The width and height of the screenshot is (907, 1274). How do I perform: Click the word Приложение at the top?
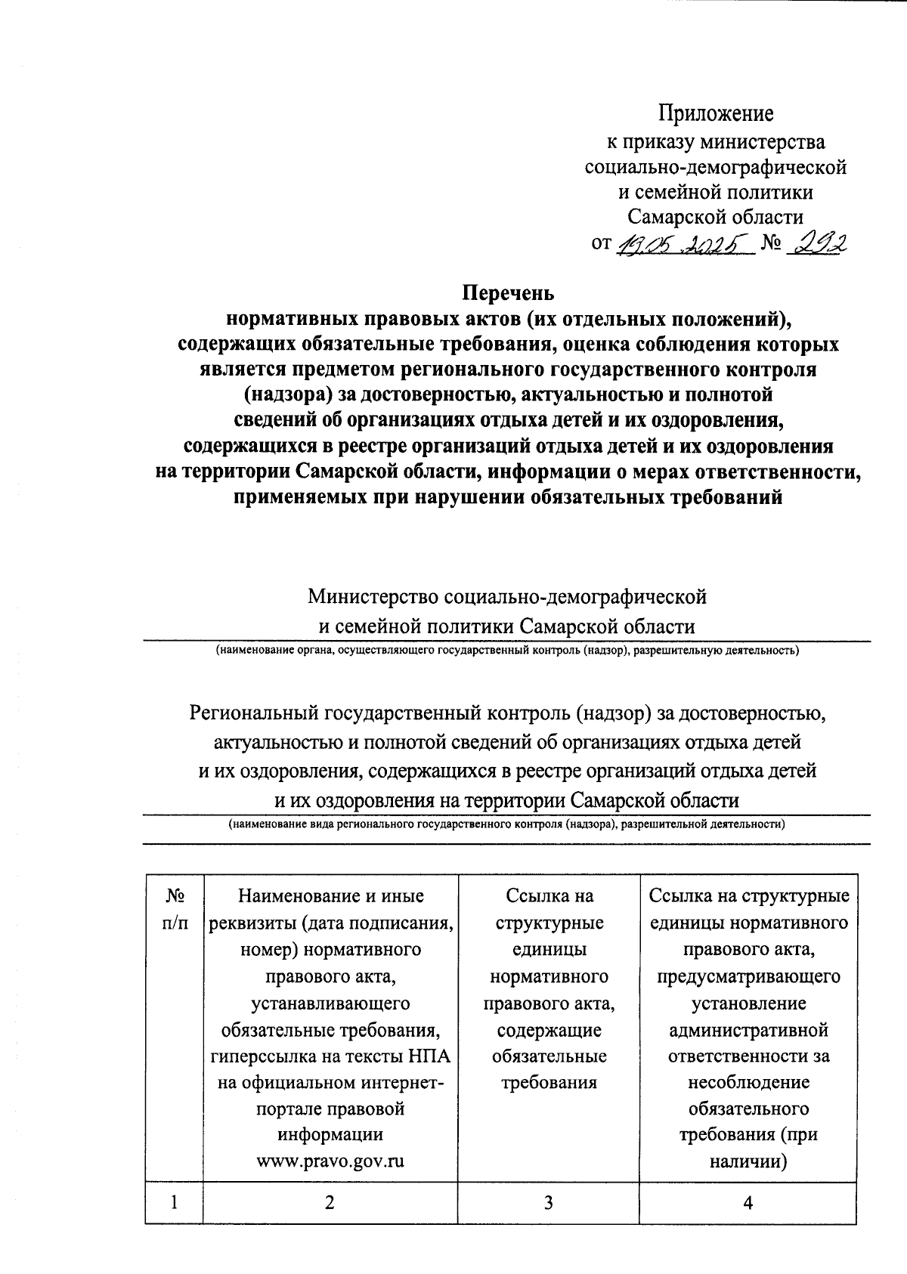point(717,113)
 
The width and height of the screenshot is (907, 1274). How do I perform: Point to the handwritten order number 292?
point(816,243)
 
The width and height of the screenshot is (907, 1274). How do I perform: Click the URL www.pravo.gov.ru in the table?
point(330,1161)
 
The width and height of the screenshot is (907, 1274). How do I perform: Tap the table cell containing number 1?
point(175,1202)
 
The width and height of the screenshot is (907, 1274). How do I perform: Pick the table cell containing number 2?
point(330,1202)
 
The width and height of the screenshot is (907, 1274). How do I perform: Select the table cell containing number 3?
point(548,1202)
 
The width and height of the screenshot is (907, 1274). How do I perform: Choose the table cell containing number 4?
point(748,1202)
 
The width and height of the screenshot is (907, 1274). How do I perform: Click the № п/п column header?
point(175,910)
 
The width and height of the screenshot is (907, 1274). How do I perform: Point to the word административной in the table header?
point(748,1029)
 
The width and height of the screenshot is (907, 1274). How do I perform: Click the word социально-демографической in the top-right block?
point(716,166)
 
